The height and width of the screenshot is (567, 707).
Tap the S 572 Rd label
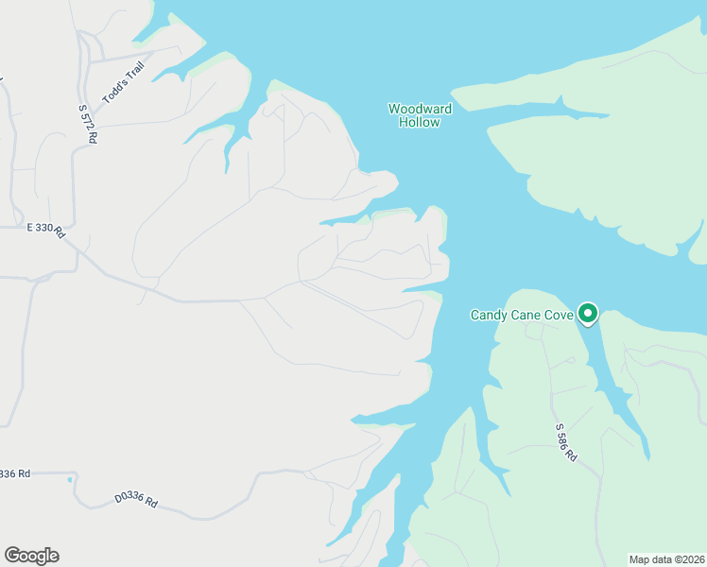(88, 123)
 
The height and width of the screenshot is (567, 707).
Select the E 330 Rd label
(44, 229)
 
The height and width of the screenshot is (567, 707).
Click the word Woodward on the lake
(420, 109)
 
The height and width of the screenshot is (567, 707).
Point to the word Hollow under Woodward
(420, 122)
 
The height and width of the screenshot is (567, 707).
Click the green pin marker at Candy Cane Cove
(588, 312)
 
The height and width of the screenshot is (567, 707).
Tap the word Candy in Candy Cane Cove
(489, 315)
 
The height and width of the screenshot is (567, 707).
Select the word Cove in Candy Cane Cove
(558, 315)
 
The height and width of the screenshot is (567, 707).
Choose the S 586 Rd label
(565, 441)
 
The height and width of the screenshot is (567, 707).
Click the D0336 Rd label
(135, 499)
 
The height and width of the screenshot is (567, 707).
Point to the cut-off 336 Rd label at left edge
(15, 473)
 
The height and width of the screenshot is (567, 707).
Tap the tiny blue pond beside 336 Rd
(70, 480)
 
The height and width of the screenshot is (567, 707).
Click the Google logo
(31, 556)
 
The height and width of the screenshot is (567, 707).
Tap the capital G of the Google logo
(12, 556)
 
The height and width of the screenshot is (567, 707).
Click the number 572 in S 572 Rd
(88, 122)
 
